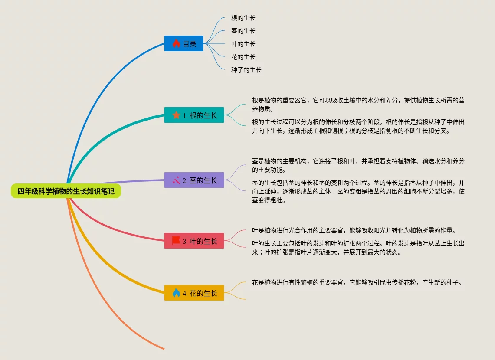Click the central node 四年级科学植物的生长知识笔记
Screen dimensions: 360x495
click(66, 191)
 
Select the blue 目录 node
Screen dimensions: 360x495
click(184, 43)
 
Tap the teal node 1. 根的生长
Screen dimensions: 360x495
click(194, 115)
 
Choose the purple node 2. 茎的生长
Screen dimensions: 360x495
click(194, 180)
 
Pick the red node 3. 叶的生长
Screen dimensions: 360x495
click(194, 241)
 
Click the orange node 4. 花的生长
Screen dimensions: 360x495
click(194, 293)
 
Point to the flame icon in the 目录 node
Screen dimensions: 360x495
click(176, 43)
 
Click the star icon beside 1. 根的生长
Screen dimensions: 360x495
click(176, 115)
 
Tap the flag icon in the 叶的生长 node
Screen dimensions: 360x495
click(176, 240)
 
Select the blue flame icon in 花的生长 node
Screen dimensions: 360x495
click(176, 293)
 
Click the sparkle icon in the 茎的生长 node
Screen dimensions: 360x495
click(176, 180)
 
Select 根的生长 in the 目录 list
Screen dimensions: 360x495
click(243, 18)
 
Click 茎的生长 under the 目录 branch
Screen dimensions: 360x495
click(243, 31)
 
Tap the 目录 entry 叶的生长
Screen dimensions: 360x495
click(243, 44)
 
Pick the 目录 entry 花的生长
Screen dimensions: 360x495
click(243, 57)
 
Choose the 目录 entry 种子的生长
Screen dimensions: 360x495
click(246, 70)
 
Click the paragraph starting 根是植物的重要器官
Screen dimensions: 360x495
click(358, 105)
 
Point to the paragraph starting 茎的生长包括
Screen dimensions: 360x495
click(358, 191)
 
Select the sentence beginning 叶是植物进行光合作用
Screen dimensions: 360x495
click(353, 230)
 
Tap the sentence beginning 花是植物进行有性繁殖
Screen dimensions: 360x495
click(357, 283)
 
